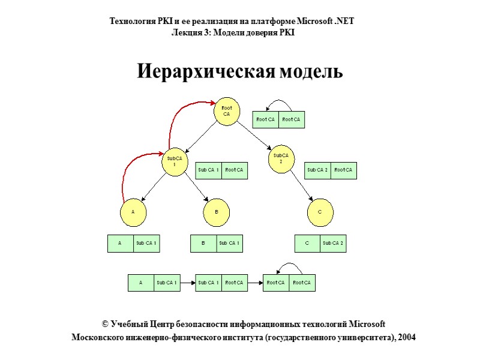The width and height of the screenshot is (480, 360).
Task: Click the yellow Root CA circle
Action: point(227,112)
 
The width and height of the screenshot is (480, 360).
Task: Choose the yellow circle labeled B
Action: point(217,212)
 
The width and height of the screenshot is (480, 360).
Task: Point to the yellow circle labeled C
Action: point(320,212)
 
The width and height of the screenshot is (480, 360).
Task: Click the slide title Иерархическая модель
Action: point(240,71)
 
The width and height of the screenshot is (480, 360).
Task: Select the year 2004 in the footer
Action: point(406,337)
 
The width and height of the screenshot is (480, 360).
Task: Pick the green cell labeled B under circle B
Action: point(203,243)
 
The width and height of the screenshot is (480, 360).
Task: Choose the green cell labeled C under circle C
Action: point(307,243)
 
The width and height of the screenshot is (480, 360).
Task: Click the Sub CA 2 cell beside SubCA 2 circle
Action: point(317,170)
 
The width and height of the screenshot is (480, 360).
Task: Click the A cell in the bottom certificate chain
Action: point(141,283)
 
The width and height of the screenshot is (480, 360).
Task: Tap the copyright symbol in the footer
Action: point(106,324)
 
